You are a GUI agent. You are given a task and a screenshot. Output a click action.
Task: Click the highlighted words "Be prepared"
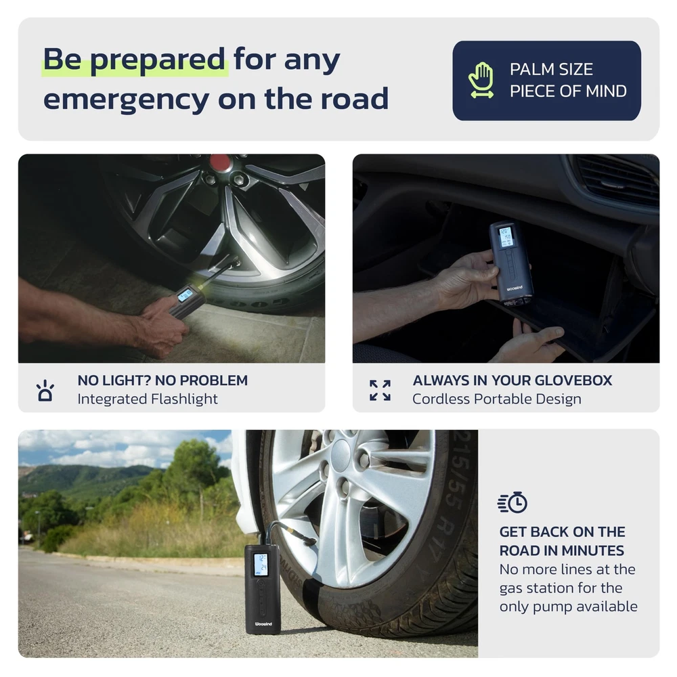(x=134, y=59)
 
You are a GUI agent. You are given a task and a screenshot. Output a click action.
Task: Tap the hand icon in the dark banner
(x=481, y=80)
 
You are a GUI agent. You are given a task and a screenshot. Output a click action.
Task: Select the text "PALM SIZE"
(x=551, y=69)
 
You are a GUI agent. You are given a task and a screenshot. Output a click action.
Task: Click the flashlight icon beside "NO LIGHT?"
(x=45, y=391)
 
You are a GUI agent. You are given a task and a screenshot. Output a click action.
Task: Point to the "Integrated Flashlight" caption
(x=148, y=399)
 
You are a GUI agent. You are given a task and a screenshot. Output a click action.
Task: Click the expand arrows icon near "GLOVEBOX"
(x=380, y=391)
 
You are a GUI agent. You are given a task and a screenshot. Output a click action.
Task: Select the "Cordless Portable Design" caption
(x=496, y=399)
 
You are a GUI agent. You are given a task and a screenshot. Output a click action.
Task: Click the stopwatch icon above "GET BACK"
(x=512, y=502)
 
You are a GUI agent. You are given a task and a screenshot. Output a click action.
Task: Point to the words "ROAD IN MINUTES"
(x=562, y=550)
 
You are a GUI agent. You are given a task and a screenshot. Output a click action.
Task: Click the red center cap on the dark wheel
(x=220, y=162)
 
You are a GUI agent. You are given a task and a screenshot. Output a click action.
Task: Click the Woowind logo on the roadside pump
(x=263, y=624)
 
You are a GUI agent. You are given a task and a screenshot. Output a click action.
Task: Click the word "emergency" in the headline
(x=127, y=100)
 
